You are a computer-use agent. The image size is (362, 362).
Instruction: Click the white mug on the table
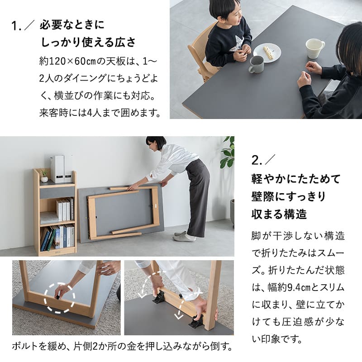[x=314, y=48]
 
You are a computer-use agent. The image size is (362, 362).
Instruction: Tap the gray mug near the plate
[x=256, y=64]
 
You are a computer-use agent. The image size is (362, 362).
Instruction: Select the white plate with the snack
[x=267, y=52]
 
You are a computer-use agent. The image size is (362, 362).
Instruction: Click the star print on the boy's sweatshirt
[x=237, y=43]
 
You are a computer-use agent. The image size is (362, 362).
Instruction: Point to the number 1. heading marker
[x=16, y=26]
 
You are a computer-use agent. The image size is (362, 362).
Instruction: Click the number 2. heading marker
[x=257, y=160]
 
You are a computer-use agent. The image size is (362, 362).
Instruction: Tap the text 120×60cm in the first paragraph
[x=72, y=62]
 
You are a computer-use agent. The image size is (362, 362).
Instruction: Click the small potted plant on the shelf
[x=44, y=176]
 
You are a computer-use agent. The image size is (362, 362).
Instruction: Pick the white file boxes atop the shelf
[x=61, y=169]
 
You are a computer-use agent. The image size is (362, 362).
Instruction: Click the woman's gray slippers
[x=184, y=236]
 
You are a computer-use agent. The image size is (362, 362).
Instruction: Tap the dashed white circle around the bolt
[x=60, y=298]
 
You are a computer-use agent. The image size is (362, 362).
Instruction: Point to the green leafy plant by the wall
[x=228, y=152]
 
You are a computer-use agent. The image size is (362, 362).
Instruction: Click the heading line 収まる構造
[x=279, y=214]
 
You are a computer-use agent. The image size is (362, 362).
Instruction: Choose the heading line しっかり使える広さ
[x=88, y=42]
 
